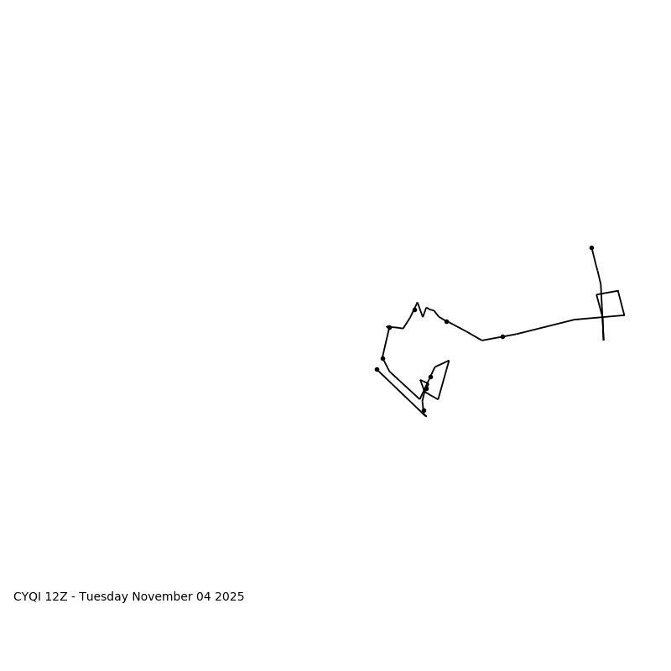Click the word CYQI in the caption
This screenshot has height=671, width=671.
(28, 597)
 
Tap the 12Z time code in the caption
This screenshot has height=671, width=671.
(58, 597)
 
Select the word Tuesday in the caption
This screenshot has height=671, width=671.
(107, 597)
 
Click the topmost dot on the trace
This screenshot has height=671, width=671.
(591, 247)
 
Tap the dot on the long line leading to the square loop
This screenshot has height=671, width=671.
(502, 336)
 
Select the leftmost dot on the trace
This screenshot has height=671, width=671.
(377, 369)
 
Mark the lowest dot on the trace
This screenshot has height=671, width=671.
(424, 410)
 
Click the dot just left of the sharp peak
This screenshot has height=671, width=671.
(414, 309)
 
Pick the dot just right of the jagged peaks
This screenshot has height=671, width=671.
(446, 321)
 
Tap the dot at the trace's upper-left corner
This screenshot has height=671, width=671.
(389, 327)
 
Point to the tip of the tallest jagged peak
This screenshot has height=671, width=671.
(417, 303)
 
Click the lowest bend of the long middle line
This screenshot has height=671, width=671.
(482, 341)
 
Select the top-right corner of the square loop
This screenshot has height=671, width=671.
(618, 291)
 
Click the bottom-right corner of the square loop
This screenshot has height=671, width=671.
(624, 315)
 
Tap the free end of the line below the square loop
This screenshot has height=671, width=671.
(603, 340)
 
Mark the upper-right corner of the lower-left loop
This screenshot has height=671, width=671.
(449, 361)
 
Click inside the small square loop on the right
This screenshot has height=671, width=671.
(611, 304)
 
